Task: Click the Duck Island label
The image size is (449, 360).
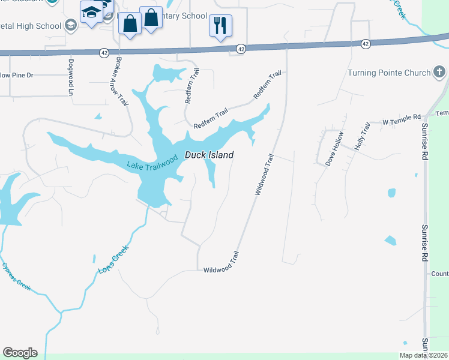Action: coord(209,155)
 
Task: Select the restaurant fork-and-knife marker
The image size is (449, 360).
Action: coord(220,25)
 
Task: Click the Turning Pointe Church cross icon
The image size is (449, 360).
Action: coord(439,73)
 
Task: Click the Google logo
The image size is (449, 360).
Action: coord(20,353)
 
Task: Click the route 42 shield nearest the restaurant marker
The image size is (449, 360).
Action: coord(241,48)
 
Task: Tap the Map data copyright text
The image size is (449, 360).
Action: coord(424,355)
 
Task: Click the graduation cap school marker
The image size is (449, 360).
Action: coord(92,13)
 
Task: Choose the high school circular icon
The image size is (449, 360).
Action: coord(71,25)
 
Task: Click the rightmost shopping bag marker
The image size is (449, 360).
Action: coord(151,18)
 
